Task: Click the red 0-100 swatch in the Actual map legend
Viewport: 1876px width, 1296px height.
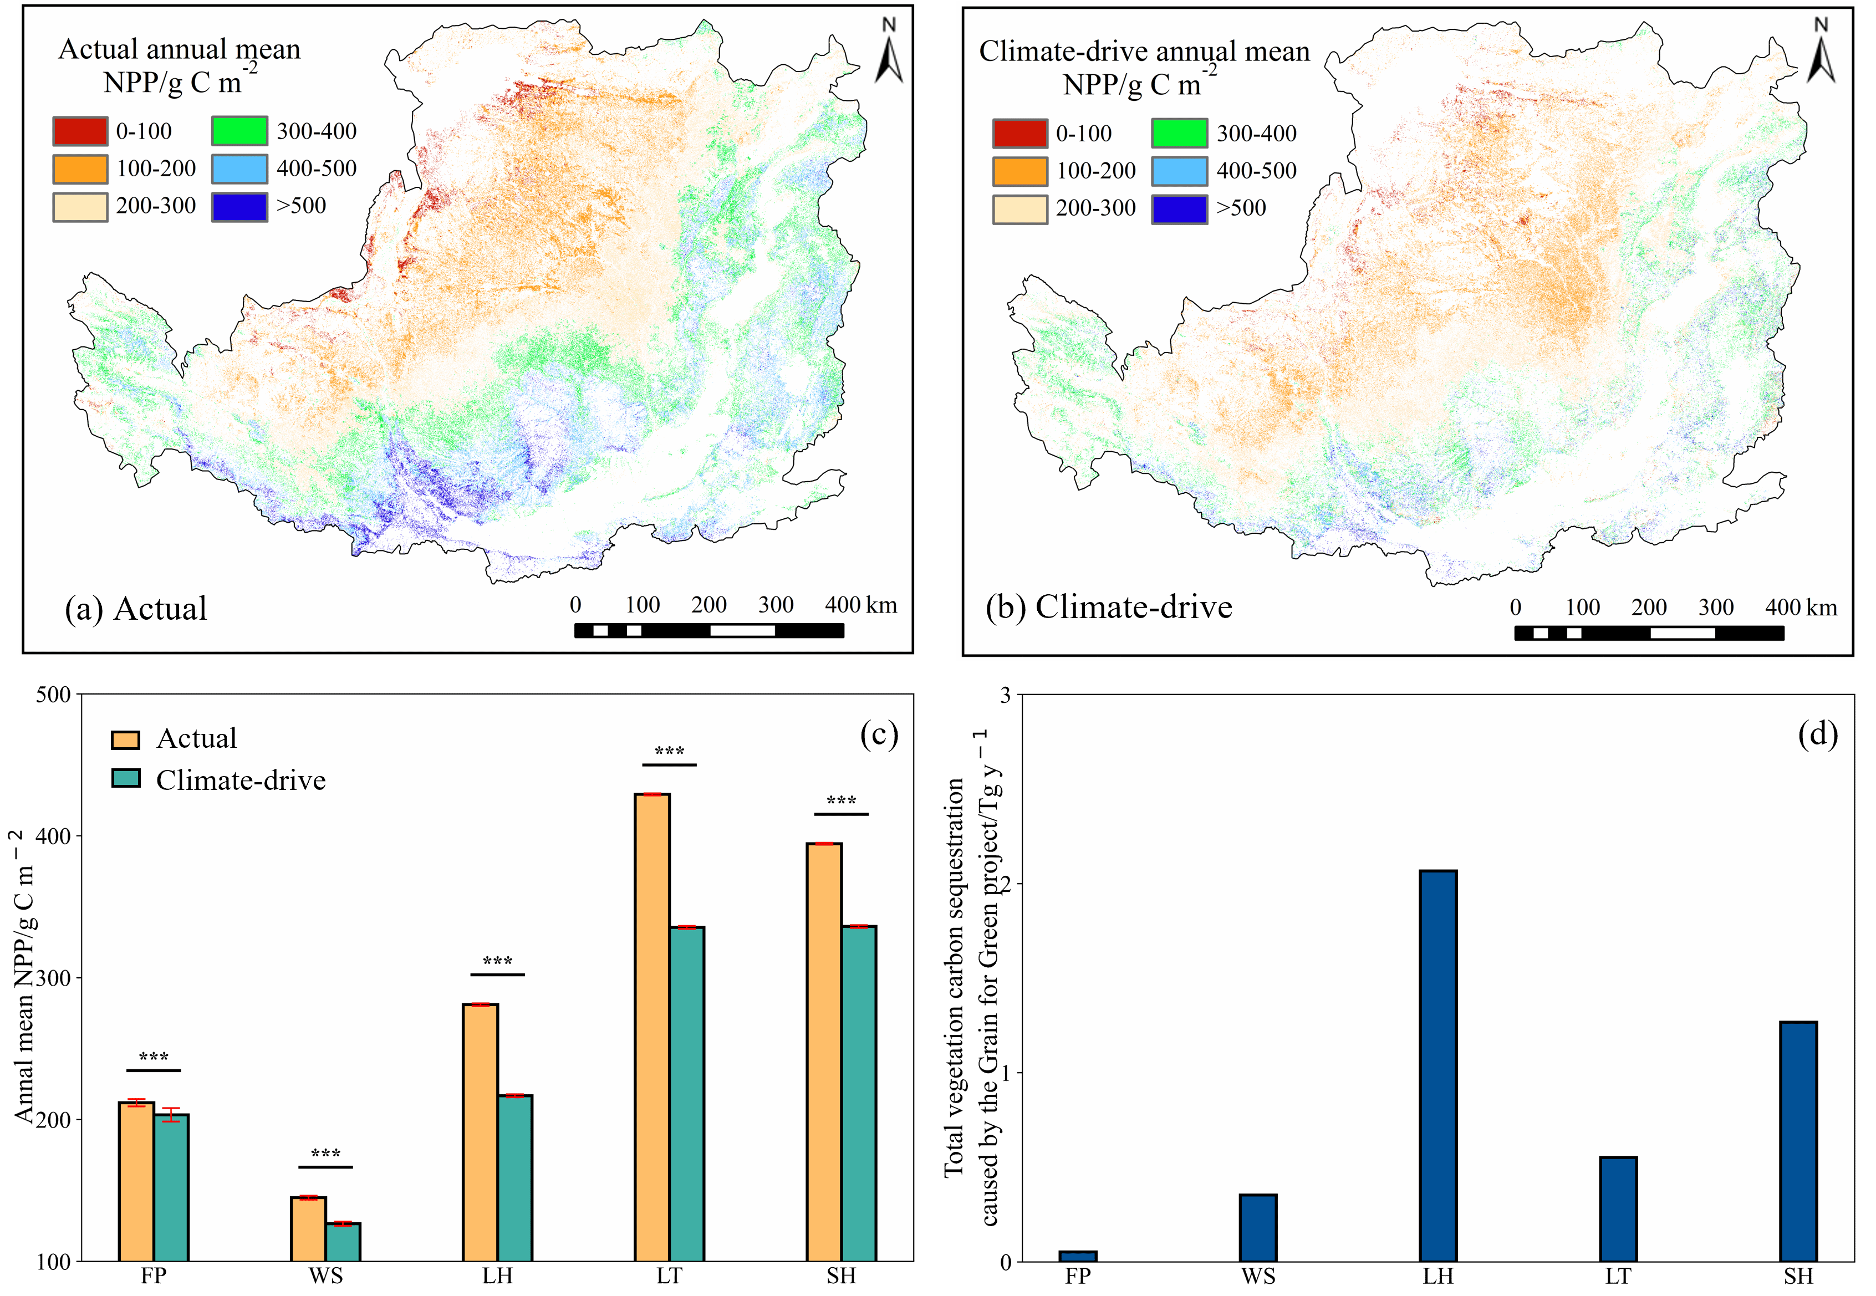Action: pyautogui.click(x=80, y=131)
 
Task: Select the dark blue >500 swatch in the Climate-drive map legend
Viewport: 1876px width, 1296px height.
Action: pyautogui.click(x=1179, y=208)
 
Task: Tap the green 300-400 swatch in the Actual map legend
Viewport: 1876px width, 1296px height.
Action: pyautogui.click(x=239, y=131)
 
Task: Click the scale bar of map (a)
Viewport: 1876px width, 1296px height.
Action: pyautogui.click(x=708, y=630)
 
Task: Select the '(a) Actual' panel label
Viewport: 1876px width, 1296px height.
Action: pyautogui.click(x=136, y=608)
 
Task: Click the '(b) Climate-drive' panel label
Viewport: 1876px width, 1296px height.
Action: pyautogui.click(x=1109, y=606)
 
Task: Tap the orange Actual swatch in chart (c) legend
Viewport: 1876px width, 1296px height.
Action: pyautogui.click(x=125, y=739)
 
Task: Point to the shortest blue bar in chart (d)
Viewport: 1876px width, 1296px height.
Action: pyautogui.click(x=1078, y=1256)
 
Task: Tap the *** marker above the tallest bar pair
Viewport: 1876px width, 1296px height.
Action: pyautogui.click(x=669, y=751)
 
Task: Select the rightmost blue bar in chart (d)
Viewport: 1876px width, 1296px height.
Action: pyautogui.click(x=1798, y=1141)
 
